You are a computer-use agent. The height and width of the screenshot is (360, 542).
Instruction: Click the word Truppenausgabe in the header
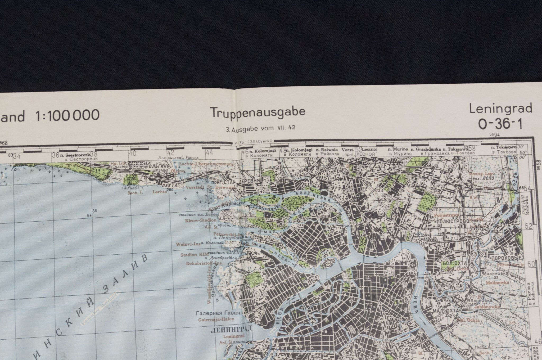click(x=258, y=112)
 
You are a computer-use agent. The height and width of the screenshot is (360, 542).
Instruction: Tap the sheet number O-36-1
click(x=500, y=124)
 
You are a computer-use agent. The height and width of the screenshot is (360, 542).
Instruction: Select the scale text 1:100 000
click(x=67, y=115)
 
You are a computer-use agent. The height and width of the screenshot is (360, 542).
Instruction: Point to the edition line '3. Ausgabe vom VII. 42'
click(x=260, y=128)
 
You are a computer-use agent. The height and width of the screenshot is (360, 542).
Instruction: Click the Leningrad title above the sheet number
click(x=500, y=109)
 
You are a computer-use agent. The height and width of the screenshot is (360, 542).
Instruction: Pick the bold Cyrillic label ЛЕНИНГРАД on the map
click(x=230, y=330)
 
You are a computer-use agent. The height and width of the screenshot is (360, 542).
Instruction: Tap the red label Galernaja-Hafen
click(x=216, y=319)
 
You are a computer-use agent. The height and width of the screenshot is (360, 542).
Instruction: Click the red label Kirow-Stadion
click(x=197, y=220)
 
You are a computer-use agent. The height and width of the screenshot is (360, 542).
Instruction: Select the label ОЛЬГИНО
click(x=159, y=166)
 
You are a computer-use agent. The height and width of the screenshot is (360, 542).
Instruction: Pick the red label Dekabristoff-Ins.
click(x=204, y=263)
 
